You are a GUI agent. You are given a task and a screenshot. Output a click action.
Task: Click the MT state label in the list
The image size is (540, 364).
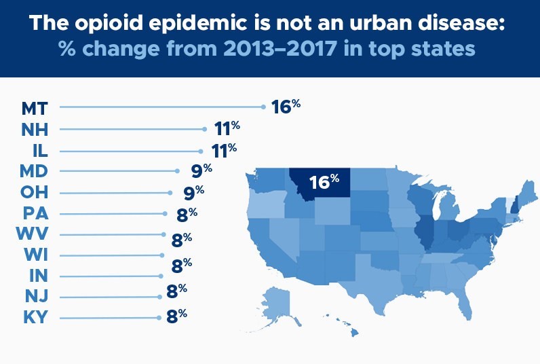(35, 108)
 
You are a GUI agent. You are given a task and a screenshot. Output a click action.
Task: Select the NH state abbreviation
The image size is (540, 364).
(35, 130)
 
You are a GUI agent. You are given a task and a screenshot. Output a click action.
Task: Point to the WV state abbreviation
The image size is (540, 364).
(32, 234)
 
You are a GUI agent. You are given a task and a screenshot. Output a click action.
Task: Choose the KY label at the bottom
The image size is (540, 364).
(35, 317)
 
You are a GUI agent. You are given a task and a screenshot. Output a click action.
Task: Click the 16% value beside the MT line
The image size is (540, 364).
(286, 106)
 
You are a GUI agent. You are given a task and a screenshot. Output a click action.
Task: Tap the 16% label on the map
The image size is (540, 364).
(324, 181)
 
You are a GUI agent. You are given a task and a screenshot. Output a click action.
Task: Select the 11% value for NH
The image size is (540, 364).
(227, 128)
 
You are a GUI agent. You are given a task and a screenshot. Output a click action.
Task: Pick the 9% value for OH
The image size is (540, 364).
(194, 192)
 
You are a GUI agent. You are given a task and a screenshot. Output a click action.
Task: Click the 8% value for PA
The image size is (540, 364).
(187, 215)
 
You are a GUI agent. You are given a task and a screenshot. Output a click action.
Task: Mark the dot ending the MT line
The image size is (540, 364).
(263, 107)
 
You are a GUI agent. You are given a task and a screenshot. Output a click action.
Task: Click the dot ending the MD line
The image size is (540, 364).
(177, 171)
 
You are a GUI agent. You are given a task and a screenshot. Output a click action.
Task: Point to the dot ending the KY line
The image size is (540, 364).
(159, 318)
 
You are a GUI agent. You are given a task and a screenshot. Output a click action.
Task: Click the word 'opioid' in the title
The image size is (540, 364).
(109, 23)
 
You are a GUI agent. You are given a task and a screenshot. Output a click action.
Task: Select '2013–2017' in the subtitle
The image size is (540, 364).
(279, 49)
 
